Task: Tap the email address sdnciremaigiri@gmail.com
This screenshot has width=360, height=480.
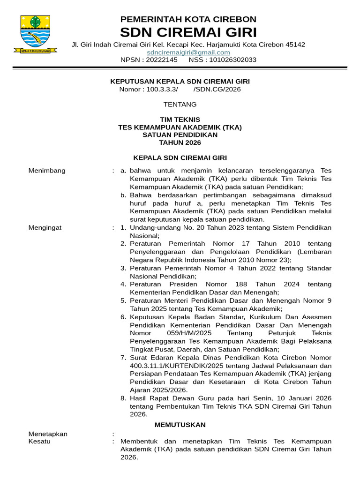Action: [x=188, y=52]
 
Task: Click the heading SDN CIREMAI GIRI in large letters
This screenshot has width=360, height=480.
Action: [x=188, y=32]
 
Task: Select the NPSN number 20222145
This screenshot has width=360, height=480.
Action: [x=162, y=60]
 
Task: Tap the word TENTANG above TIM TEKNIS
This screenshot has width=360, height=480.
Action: [x=180, y=104]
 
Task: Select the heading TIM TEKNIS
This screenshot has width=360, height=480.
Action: [x=180, y=120]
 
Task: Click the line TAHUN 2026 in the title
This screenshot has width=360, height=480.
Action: [x=180, y=142]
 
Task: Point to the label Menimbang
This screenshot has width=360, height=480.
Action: [x=47, y=170]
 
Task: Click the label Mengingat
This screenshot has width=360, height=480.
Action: [x=45, y=228]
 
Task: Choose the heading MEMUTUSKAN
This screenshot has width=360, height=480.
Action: [x=180, y=425]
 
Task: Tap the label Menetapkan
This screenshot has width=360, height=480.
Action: [x=48, y=434]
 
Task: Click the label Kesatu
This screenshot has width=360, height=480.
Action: [x=39, y=442]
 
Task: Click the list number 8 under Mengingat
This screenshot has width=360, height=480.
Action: [x=123, y=398]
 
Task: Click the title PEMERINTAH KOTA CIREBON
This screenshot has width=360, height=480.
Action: [x=188, y=19]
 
